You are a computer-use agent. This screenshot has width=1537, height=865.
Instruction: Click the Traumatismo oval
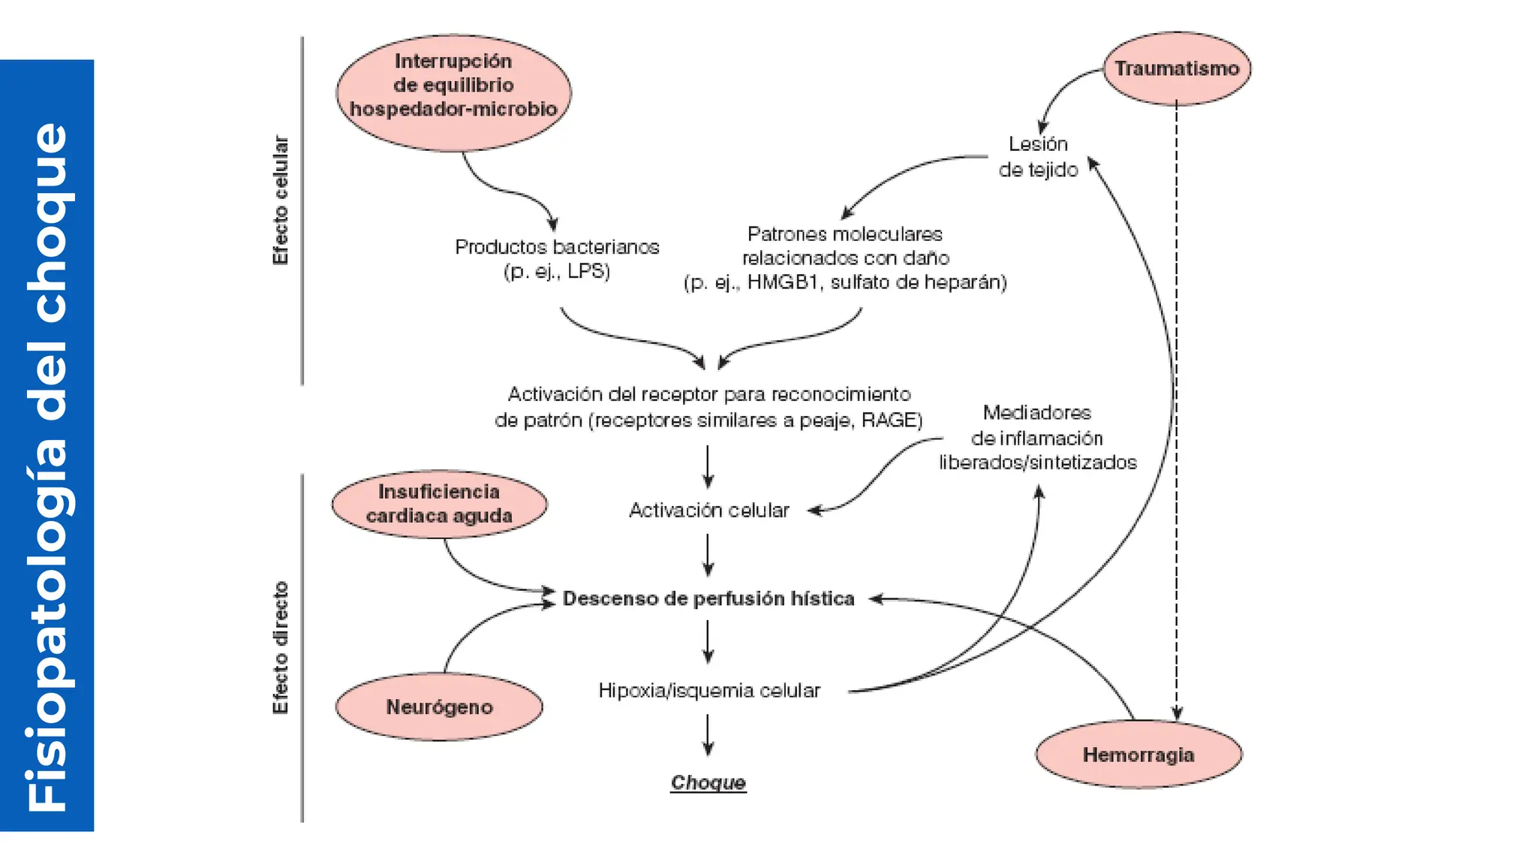(x=1176, y=68)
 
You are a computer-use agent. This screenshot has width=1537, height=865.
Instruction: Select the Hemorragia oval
(x=1138, y=755)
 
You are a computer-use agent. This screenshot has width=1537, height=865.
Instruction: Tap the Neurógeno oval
(x=439, y=707)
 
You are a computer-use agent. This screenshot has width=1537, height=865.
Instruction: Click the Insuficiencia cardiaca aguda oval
(x=439, y=504)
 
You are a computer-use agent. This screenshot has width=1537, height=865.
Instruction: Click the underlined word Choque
(x=708, y=782)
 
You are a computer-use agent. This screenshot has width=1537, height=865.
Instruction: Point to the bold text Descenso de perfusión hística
(x=708, y=598)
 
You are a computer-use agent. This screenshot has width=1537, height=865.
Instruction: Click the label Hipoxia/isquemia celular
(x=708, y=690)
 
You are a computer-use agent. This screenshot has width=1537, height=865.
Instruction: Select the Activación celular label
(x=708, y=511)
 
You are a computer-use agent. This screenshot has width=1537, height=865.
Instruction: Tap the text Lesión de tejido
(x=1038, y=157)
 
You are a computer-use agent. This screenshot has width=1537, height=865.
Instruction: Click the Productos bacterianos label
(x=557, y=247)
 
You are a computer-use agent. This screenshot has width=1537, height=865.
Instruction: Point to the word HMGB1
(x=781, y=282)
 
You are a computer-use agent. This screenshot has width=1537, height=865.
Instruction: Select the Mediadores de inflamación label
(x=1037, y=437)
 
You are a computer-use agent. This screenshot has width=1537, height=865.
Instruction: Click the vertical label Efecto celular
(x=280, y=200)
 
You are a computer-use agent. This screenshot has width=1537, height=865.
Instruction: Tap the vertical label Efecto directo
(x=280, y=647)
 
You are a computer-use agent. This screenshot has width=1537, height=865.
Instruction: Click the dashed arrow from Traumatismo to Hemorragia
(x=1176, y=413)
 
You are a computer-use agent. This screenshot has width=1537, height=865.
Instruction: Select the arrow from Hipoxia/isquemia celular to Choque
(x=708, y=734)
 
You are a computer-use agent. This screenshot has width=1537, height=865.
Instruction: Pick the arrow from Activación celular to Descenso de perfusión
(x=708, y=555)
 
